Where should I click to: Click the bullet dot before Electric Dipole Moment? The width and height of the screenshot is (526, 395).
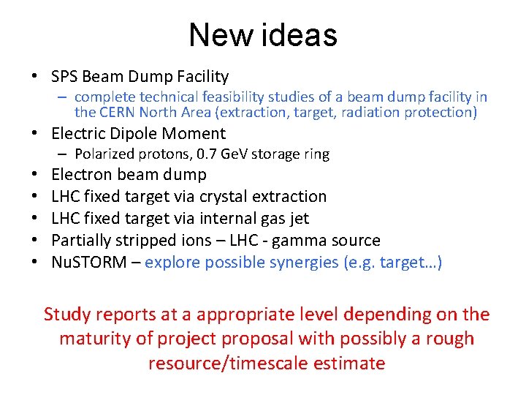pyautogui.click(x=35, y=134)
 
